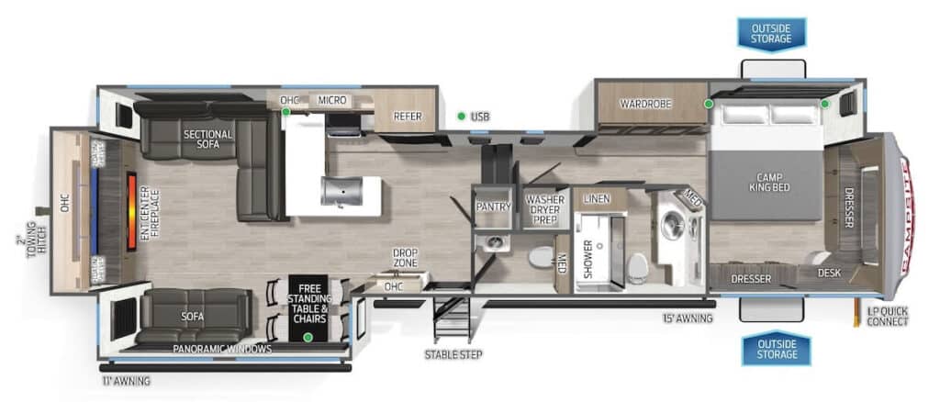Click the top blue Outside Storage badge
771,32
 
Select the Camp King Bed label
774,182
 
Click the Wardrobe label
644,104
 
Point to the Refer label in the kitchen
407,117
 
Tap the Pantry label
493,207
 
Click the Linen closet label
597,199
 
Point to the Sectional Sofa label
207,140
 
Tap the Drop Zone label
406,258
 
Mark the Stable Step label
453,353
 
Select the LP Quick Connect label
887,316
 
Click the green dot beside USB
461,117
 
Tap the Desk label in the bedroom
830,272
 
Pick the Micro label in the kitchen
332,99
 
